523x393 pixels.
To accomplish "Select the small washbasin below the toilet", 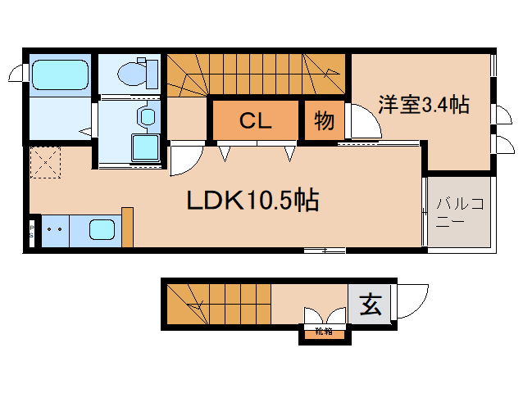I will click(147, 115).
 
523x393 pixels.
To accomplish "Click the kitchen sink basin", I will click(102, 230).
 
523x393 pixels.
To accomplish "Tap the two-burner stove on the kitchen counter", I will click(54, 230).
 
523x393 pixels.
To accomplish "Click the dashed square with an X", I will click(45, 162).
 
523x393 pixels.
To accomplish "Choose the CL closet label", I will click(255, 121).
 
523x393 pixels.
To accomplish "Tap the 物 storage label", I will click(325, 121).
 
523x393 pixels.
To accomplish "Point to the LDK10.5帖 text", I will click(252, 201).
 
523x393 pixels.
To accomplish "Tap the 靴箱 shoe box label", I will click(323, 332).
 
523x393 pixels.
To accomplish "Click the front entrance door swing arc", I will click(412, 300).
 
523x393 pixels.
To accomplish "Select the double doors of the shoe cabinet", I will click(323, 316).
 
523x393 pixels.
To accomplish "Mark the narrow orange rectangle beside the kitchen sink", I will click(127, 227).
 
